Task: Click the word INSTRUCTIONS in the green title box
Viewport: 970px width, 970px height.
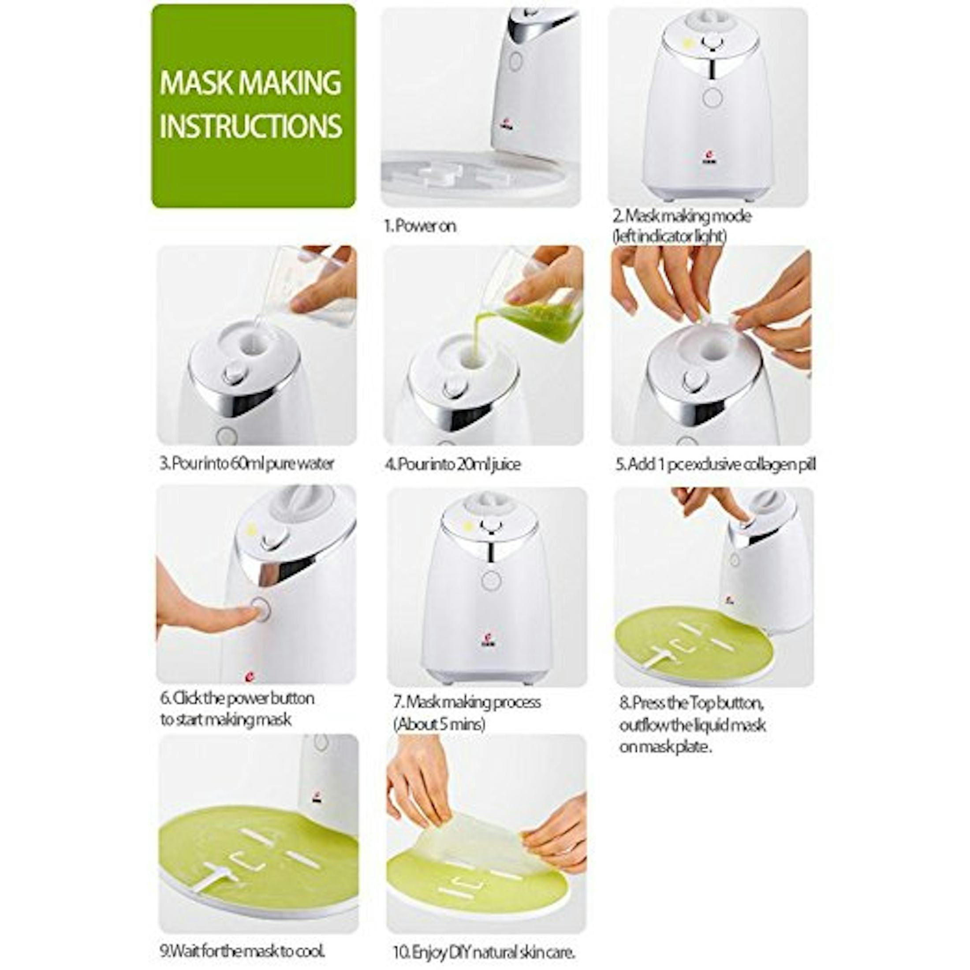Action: coord(250,126)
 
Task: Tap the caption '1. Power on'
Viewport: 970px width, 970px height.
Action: coord(420,226)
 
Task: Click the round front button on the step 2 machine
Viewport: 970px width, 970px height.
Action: coord(712,97)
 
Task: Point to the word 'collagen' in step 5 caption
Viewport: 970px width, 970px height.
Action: coord(771,464)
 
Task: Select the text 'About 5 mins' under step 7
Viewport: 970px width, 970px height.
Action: coord(439,724)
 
